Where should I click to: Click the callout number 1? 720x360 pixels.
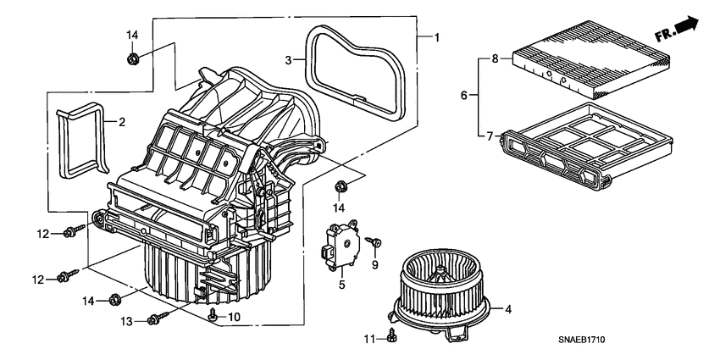pos(437,37)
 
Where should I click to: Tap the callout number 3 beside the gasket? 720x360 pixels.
pos(288,60)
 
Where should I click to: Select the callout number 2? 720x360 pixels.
pos(121,123)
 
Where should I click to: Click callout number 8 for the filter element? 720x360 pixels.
pos(496,58)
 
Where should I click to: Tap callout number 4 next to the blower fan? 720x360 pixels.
pos(508,310)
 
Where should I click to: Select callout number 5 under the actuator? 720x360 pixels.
pos(343,285)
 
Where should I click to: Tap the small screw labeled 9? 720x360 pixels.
pos(370,243)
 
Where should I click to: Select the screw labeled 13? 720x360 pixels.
pos(158,318)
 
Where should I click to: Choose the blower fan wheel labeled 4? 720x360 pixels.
pos(443,285)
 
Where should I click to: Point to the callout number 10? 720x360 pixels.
pos(235,317)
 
